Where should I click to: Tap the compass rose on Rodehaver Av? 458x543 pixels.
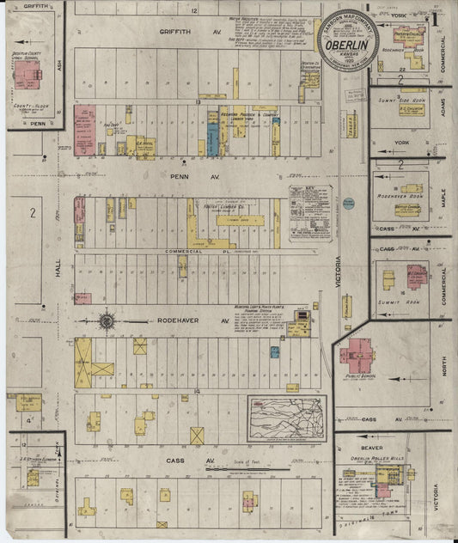pyautogui.click(x=107, y=322)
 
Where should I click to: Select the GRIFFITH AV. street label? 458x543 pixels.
pyautogui.click(x=180, y=31)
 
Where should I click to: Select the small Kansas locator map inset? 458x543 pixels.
pyautogui.click(x=287, y=418)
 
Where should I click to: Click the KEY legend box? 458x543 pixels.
pyautogui.click(x=309, y=212)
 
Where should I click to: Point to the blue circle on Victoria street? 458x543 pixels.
pyautogui.click(x=349, y=204)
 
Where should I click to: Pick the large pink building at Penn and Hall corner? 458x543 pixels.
pyautogui.click(x=85, y=130)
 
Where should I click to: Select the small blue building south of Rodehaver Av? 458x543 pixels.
pyautogui.click(x=274, y=351)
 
